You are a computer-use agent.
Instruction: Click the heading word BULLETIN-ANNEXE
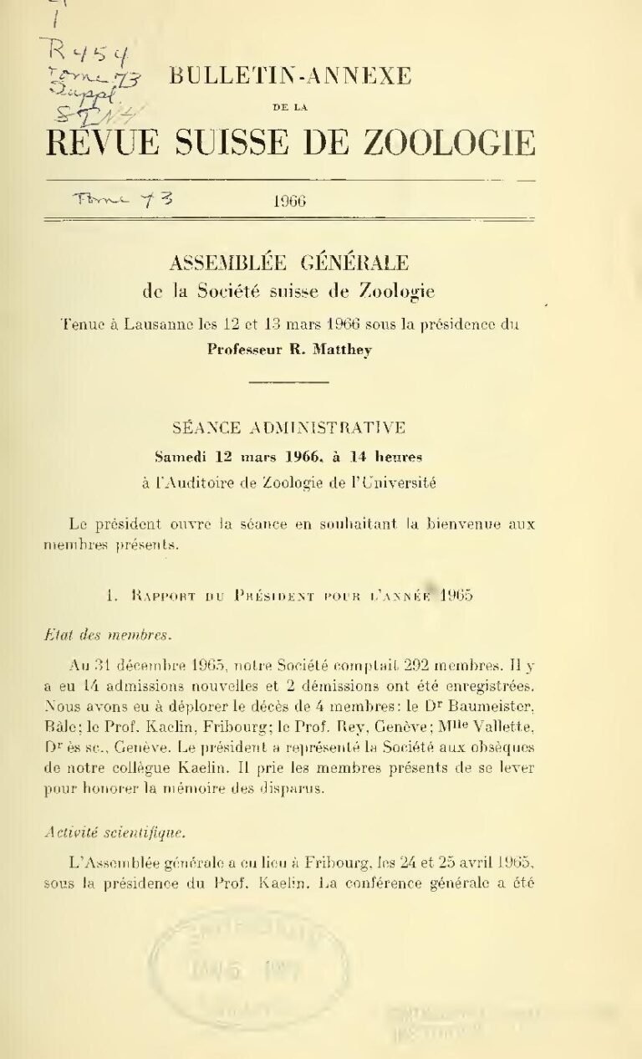[290, 77]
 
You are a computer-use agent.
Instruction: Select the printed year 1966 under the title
[289, 201]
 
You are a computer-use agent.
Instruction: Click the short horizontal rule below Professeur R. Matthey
[289, 382]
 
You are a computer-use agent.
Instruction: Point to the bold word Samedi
[183, 457]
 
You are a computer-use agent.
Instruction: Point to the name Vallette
[502, 722]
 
